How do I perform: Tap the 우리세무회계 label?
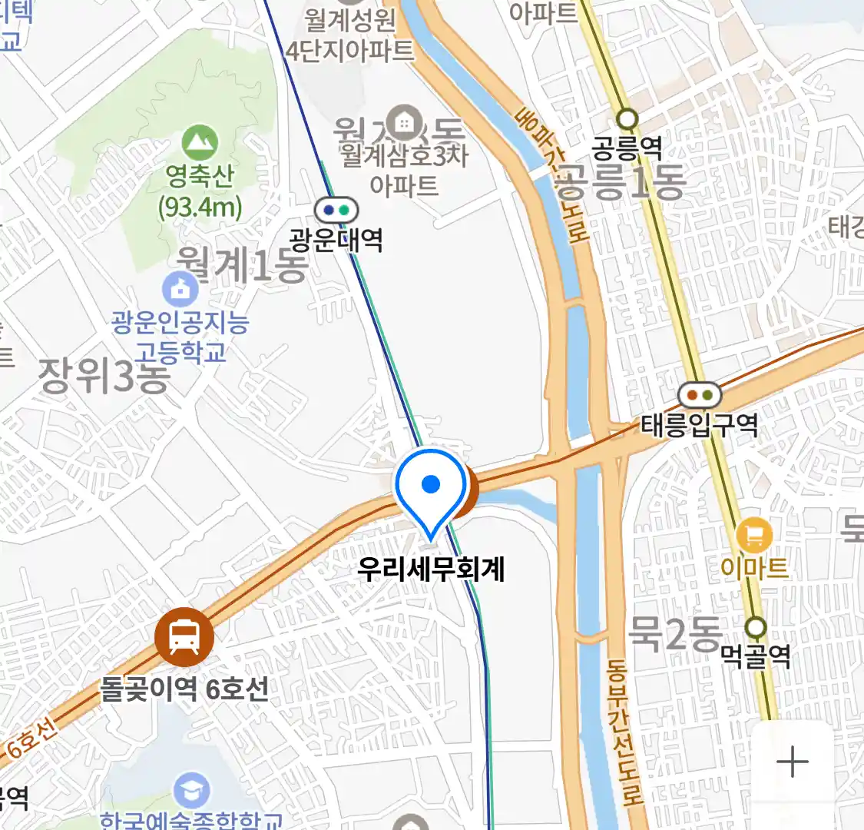click(431, 569)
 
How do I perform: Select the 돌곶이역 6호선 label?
click(184, 689)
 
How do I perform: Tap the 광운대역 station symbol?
click(336, 210)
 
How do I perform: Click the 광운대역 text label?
click(336, 241)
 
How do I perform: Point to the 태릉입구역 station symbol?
click(700, 396)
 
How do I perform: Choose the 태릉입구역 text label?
click(700, 425)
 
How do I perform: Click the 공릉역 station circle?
click(628, 119)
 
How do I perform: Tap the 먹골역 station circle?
click(756, 627)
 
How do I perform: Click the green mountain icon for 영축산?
click(200, 143)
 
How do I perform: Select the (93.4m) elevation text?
click(200, 207)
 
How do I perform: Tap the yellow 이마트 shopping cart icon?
click(754, 536)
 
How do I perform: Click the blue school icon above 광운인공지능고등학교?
click(180, 289)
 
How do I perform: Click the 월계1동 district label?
click(241, 265)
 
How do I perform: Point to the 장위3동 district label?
click(104, 376)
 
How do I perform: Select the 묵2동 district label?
click(674, 633)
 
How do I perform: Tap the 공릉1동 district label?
click(619, 181)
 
